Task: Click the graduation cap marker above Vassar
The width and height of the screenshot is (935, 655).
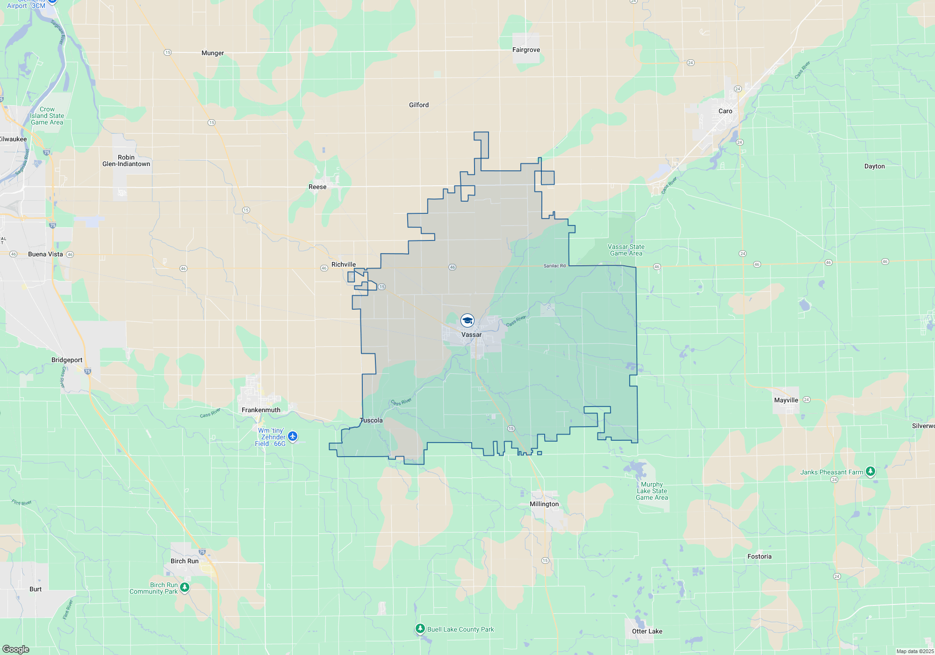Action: (x=467, y=320)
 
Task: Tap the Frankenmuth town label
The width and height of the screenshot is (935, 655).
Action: (x=261, y=410)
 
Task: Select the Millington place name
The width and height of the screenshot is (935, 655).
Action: (x=544, y=504)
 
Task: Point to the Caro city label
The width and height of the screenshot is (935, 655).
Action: (x=725, y=111)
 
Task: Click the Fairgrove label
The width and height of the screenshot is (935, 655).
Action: (x=526, y=50)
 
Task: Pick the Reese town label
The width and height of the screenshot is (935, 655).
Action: (x=317, y=187)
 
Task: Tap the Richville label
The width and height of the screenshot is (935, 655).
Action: (x=344, y=264)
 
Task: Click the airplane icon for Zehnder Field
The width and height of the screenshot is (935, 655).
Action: (x=293, y=437)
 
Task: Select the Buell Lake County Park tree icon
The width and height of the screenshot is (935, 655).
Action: (x=420, y=629)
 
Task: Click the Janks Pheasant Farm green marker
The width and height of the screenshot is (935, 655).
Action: (x=870, y=471)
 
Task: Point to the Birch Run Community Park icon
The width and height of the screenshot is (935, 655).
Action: (x=185, y=587)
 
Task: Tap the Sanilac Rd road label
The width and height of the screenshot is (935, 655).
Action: (x=554, y=266)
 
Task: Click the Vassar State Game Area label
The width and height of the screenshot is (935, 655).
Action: (x=626, y=250)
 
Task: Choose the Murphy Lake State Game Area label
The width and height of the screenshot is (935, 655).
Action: (x=652, y=491)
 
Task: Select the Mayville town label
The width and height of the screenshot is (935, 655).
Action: (x=786, y=400)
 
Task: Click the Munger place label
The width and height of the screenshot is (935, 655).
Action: (x=213, y=53)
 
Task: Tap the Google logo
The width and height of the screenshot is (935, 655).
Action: (x=16, y=649)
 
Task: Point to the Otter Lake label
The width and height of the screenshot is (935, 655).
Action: (x=647, y=631)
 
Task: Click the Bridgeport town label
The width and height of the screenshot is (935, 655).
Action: (x=67, y=360)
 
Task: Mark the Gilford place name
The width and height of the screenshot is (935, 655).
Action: (x=418, y=105)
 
